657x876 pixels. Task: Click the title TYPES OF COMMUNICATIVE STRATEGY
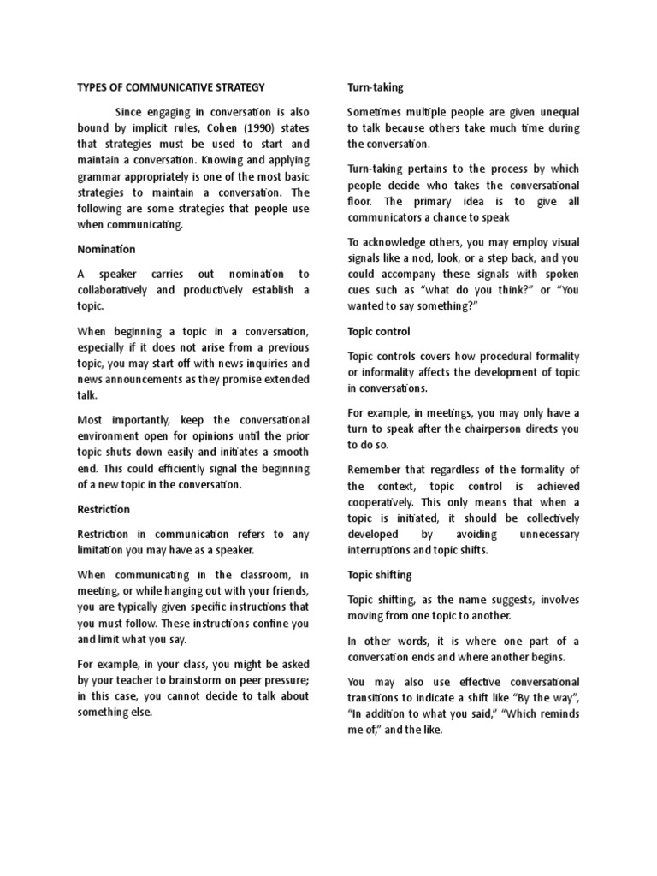(x=171, y=87)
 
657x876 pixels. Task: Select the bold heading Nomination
(x=106, y=249)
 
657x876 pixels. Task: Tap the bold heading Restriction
(x=104, y=509)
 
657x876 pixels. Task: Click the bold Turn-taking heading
(x=375, y=87)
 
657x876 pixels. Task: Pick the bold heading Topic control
(x=378, y=331)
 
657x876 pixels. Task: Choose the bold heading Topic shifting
(x=379, y=574)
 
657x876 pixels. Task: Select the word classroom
(x=249, y=574)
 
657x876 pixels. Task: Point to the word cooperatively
(x=384, y=502)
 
